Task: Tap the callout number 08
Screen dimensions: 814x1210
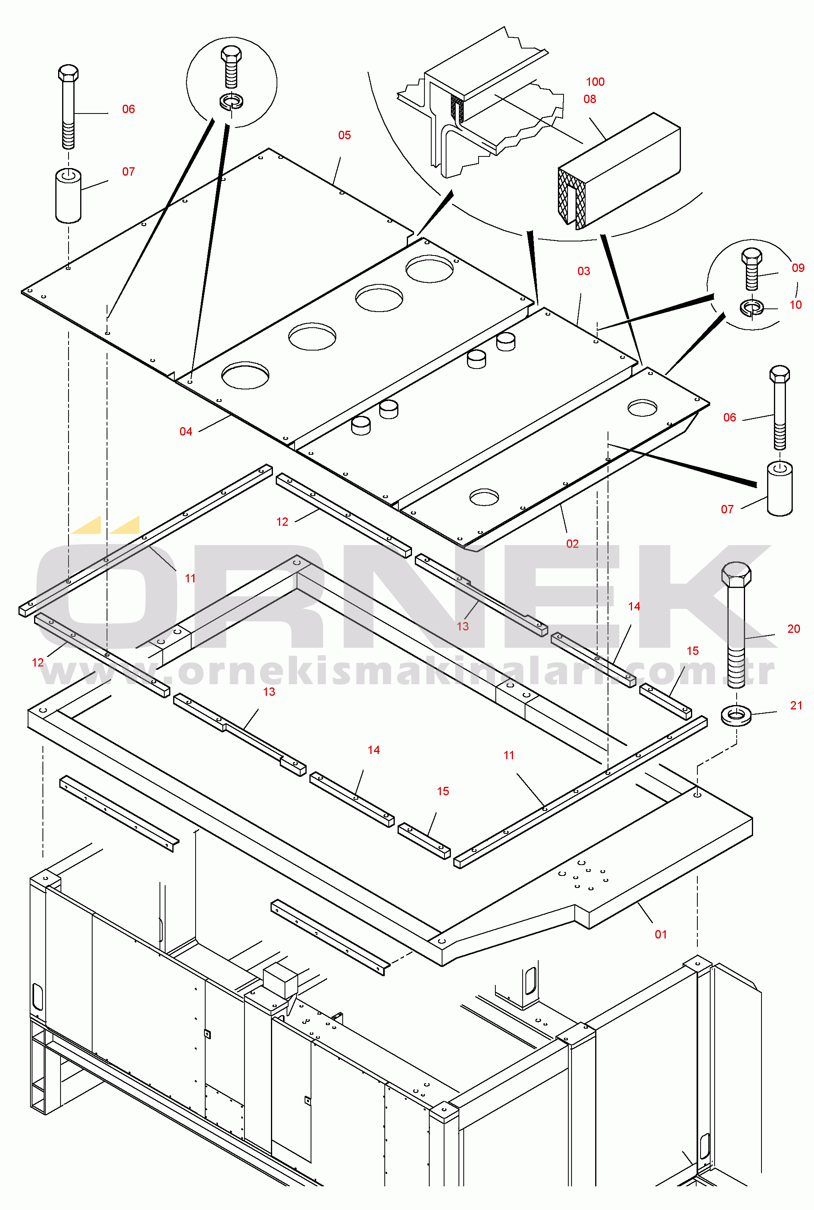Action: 590,99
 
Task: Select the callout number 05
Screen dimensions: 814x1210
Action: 344,135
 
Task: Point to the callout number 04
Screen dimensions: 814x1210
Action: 186,432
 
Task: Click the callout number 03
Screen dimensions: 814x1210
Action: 584,271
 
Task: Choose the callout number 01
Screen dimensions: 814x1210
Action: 660,934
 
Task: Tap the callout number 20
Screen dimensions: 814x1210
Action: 794,629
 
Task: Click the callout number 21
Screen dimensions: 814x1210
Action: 796,705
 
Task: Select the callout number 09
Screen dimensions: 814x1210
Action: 798,268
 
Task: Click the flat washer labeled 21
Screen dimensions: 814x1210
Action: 736,715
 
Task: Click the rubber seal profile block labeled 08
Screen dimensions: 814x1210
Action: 619,171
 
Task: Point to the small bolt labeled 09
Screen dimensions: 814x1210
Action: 752,269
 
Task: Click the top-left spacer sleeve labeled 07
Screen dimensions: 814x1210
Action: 68,195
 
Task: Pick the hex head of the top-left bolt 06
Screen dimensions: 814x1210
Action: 68,73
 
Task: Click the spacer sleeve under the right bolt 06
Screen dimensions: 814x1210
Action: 779,488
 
